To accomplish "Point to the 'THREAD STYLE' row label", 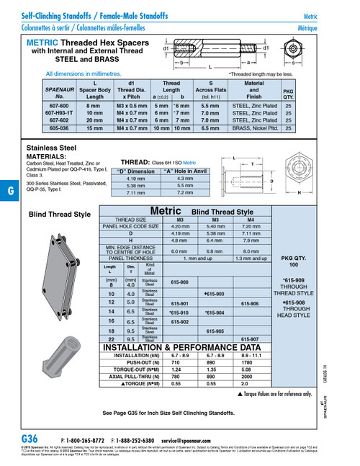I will pyautogui.click(x=136, y=219).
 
